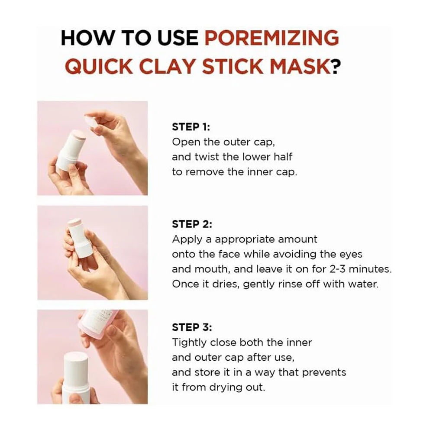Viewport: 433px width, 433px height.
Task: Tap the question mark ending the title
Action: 336,67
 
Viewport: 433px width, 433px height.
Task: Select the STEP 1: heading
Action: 191,127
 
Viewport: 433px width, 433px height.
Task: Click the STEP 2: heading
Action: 192,224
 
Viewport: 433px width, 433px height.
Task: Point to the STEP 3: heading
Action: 192,327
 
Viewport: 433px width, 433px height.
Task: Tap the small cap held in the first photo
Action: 92,122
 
